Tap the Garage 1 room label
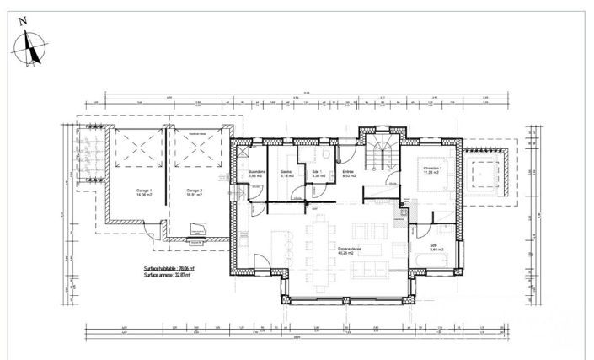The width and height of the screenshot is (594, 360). pos(144,192)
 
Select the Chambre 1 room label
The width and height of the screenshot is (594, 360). pos(433,169)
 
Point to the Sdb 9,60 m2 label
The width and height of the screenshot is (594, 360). pos(436,247)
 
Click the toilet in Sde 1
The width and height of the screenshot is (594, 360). pos(325,158)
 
